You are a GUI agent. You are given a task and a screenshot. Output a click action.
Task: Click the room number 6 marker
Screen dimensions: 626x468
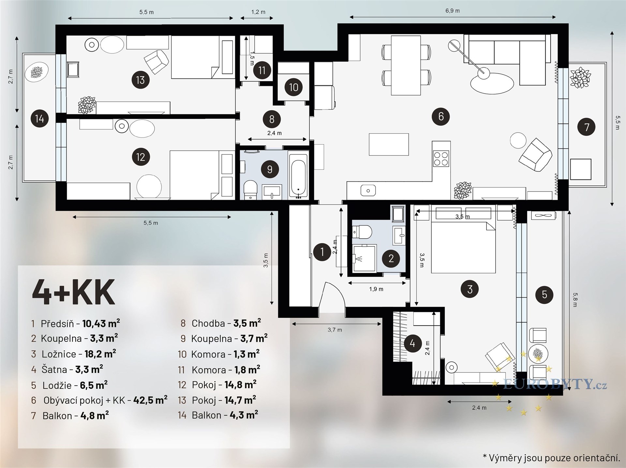click(441, 116)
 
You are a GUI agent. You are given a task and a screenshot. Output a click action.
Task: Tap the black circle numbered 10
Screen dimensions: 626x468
click(293, 87)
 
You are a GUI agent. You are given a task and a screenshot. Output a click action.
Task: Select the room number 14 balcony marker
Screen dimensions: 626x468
click(39, 118)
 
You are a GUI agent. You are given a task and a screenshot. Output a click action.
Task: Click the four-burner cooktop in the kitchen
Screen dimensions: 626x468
click(441, 159)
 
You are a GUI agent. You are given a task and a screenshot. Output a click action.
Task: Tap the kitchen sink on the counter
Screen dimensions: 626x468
click(368, 191)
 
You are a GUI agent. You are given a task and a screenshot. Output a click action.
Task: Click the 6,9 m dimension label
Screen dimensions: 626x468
click(453, 11)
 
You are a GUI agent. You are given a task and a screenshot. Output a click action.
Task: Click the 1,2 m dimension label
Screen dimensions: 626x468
click(258, 12)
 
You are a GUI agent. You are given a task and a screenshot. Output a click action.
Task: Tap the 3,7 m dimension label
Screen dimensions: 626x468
click(335, 330)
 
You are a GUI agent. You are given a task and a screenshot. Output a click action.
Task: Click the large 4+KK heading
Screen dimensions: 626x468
click(73, 291)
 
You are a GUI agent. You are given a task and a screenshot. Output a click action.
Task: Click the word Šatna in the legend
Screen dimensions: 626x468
click(54, 369)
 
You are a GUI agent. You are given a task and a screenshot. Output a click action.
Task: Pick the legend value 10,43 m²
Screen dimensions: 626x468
click(101, 323)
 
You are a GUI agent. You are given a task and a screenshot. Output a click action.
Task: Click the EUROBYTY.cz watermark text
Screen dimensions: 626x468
click(555, 385)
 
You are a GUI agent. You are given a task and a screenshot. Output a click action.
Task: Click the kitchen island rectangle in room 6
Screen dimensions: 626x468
click(389, 144)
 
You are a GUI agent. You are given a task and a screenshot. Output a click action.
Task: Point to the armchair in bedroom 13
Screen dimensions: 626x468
click(156, 62)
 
